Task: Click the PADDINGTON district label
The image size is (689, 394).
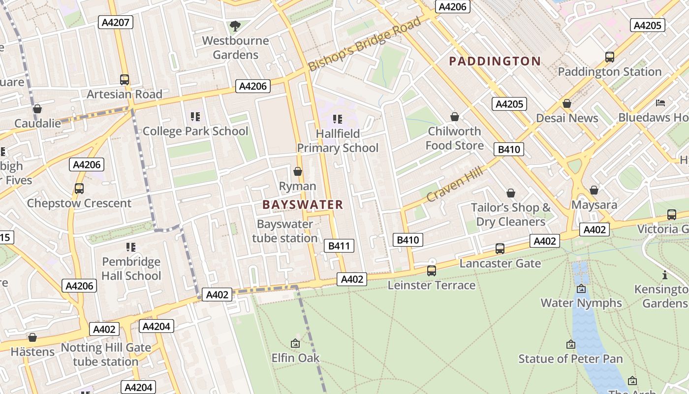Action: click(495, 62)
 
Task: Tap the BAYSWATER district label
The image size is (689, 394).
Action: click(303, 205)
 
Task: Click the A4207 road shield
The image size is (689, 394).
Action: click(116, 22)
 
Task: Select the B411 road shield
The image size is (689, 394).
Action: click(340, 246)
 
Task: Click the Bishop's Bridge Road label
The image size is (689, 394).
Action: click(365, 44)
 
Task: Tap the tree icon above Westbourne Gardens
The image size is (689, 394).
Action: click(235, 25)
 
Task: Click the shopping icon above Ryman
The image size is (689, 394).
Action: click(298, 171)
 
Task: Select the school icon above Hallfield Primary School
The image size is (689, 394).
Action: click(338, 119)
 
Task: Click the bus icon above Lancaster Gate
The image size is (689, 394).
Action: click(500, 249)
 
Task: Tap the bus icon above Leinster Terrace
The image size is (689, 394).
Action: click(432, 270)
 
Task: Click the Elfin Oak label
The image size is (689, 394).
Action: click(295, 358)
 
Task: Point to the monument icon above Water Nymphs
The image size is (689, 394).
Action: click(581, 289)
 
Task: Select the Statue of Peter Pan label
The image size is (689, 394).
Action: click(570, 359)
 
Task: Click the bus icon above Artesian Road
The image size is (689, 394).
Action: click(125, 79)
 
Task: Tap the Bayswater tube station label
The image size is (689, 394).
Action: click(285, 231)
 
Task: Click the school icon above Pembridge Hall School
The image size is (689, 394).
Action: click(131, 247)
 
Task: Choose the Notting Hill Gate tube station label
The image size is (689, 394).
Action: click(106, 355)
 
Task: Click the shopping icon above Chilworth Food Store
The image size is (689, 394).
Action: click(455, 117)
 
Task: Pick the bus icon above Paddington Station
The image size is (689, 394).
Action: click(610, 57)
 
